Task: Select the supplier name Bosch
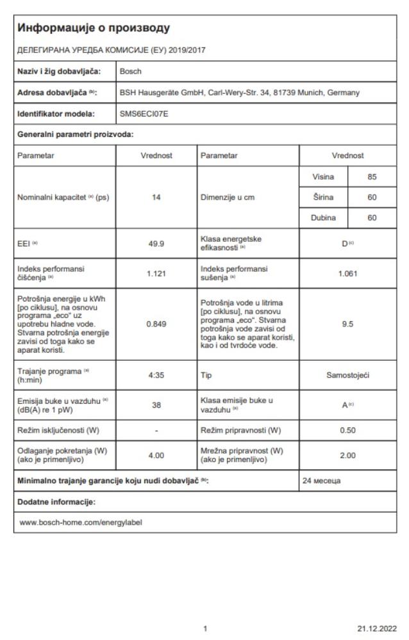(131, 71)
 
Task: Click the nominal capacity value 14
(156, 197)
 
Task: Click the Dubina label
(323, 218)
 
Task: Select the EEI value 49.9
(156, 244)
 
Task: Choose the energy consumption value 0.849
(156, 324)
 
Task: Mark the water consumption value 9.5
(347, 324)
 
